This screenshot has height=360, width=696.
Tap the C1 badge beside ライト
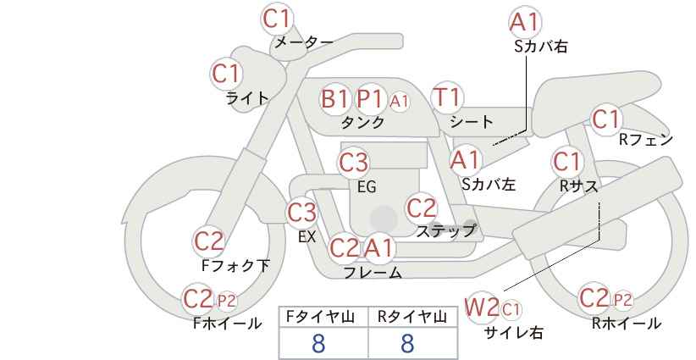click(226, 74)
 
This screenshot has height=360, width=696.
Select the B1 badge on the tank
click(335, 98)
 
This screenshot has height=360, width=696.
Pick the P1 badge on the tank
click(370, 98)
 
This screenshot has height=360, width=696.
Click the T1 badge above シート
click(447, 97)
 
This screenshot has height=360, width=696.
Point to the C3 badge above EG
click(353, 163)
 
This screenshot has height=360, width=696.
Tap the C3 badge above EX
click(302, 213)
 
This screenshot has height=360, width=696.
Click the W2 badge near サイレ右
click(482, 307)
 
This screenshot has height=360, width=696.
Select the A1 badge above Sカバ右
click(525, 22)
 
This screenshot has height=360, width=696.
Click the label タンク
click(362, 122)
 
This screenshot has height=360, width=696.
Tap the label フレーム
click(373, 273)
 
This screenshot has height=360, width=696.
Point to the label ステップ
click(445, 231)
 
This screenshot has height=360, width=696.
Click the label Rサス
click(578, 186)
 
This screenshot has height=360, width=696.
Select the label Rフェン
click(646, 140)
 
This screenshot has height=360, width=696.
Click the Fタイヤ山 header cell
click(323, 317)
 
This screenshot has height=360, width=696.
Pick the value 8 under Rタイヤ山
click(407, 343)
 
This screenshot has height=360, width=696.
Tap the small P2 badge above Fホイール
click(226, 302)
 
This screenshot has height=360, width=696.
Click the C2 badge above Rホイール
click(594, 298)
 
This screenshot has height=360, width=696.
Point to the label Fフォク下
click(235, 265)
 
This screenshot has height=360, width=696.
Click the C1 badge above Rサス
click(566, 162)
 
